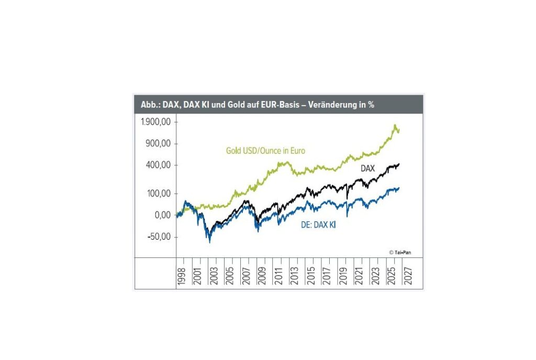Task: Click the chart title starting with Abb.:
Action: tap(258, 105)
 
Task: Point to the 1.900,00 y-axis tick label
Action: tap(155, 122)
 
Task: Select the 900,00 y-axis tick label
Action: tap(158, 143)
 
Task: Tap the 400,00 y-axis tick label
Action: tap(158, 165)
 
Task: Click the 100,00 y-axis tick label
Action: tap(159, 194)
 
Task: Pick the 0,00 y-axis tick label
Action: tap(163, 215)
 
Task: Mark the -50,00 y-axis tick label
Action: tap(159, 237)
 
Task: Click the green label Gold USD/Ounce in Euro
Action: tap(265, 151)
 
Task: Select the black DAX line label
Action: tap(368, 168)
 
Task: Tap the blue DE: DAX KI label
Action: tap(318, 225)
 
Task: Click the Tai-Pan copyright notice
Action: tap(400, 252)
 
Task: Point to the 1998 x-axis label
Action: tap(181, 276)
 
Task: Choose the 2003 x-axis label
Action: tap(214, 276)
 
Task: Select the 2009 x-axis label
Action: tap(262, 276)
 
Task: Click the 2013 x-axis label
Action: tap(294, 276)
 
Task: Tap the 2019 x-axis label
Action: tap(343, 276)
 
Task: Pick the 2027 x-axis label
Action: tap(408, 276)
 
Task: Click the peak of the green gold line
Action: tap(395, 125)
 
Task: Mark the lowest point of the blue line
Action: tap(209, 242)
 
